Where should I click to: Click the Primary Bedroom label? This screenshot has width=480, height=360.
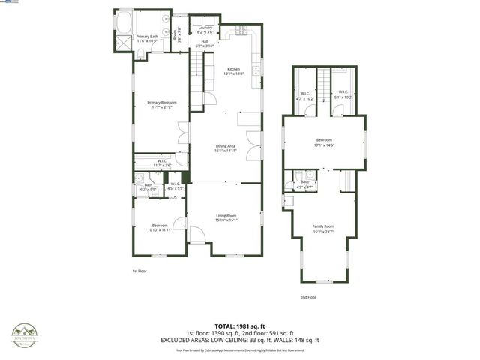pos(161,105)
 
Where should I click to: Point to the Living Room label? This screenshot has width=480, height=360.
pos(226,217)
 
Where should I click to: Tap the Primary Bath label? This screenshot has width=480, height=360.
pos(147,37)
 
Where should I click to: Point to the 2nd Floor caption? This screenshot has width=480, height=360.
pos(308,297)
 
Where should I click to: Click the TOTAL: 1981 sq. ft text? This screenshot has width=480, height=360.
pos(247,325)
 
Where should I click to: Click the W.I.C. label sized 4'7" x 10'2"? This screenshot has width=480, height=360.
pos(304,94)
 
